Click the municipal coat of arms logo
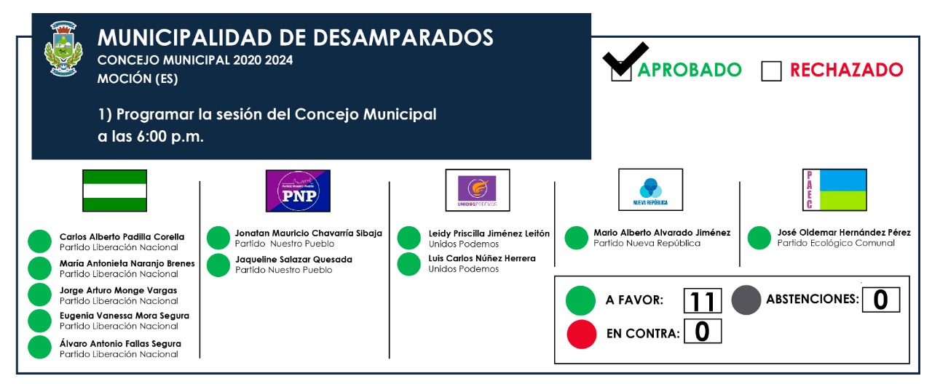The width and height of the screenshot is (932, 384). [x=63, y=49]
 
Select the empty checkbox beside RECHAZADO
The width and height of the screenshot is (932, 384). [x=771, y=71]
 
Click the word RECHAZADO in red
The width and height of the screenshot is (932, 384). [x=846, y=70]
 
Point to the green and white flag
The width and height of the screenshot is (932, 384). [x=114, y=191]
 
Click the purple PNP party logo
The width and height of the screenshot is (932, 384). [x=298, y=191]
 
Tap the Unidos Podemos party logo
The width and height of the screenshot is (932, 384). [x=477, y=190]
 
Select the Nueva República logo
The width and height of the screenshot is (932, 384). [x=650, y=190]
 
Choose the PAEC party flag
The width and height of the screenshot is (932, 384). [x=834, y=190]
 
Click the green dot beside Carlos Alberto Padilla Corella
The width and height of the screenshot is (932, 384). [x=39, y=241]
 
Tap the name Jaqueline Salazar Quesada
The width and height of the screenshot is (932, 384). [x=293, y=260]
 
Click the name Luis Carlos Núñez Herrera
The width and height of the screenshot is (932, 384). [x=482, y=258]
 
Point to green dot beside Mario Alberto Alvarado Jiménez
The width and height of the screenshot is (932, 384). [x=576, y=238]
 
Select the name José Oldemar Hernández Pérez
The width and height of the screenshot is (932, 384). [x=844, y=232]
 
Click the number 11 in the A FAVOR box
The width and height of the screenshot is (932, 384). [x=703, y=301]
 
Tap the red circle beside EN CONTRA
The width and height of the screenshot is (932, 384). [x=581, y=334]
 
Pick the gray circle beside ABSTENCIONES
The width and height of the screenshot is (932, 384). [x=746, y=300]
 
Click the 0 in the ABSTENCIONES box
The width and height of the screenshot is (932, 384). [x=880, y=300]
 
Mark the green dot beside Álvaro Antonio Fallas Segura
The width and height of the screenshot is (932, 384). [x=39, y=347]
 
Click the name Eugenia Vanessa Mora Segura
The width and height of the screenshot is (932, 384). [x=124, y=316]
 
